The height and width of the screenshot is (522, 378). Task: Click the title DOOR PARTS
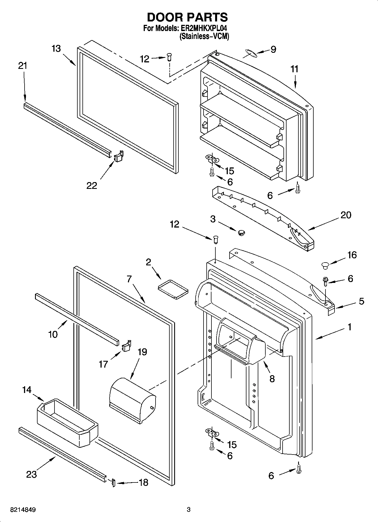pyautogui.click(x=187, y=17)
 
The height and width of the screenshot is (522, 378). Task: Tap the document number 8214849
pyautogui.click(x=23, y=510)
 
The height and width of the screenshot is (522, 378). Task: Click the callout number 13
pyautogui.click(x=56, y=49)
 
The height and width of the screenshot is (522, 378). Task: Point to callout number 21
pyautogui.click(x=23, y=66)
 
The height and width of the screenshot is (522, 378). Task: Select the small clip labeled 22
pyautogui.click(x=119, y=156)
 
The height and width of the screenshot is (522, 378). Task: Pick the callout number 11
pyautogui.click(x=294, y=69)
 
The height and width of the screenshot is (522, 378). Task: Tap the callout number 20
pyautogui.click(x=346, y=215)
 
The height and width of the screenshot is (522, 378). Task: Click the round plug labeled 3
pyautogui.click(x=241, y=233)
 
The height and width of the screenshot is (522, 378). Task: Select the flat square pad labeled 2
pyautogui.click(x=173, y=289)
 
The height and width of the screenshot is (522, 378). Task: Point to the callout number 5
pyautogui.click(x=361, y=301)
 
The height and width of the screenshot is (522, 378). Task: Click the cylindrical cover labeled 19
pyautogui.click(x=132, y=400)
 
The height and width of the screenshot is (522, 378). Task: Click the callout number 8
pyautogui.click(x=272, y=379)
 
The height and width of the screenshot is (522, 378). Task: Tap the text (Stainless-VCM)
pyautogui.click(x=204, y=36)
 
